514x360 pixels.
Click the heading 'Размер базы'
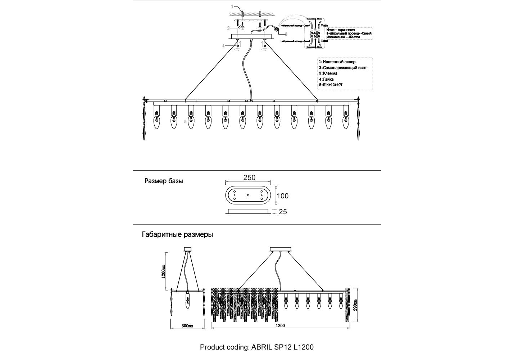pyautogui.click(x=164, y=181)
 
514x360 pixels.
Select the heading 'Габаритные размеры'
pyautogui.click(x=177, y=235)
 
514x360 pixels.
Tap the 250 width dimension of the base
pyautogui.click(x=249, y=177)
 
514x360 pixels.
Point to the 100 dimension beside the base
pyautogui.click(x=283, y=196)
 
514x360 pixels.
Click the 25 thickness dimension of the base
pyautogui.click(x=283, y=212)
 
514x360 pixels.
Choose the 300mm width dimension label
pyautogui.click(x=187, y=326)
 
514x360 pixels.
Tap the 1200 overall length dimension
pyautogui.click(x=280, y=326)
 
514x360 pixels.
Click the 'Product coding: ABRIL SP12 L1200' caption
pyautogui.click(x=257, y=347)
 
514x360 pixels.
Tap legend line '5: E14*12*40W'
pyautogui.click(x=331, y=85)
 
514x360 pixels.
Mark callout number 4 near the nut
pyautogui.click(x=223, y=46)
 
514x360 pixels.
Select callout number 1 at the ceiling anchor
pyautogui.click(x=232, y=7)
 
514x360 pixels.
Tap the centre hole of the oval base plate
pyautogui.click(x=248, y=195)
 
